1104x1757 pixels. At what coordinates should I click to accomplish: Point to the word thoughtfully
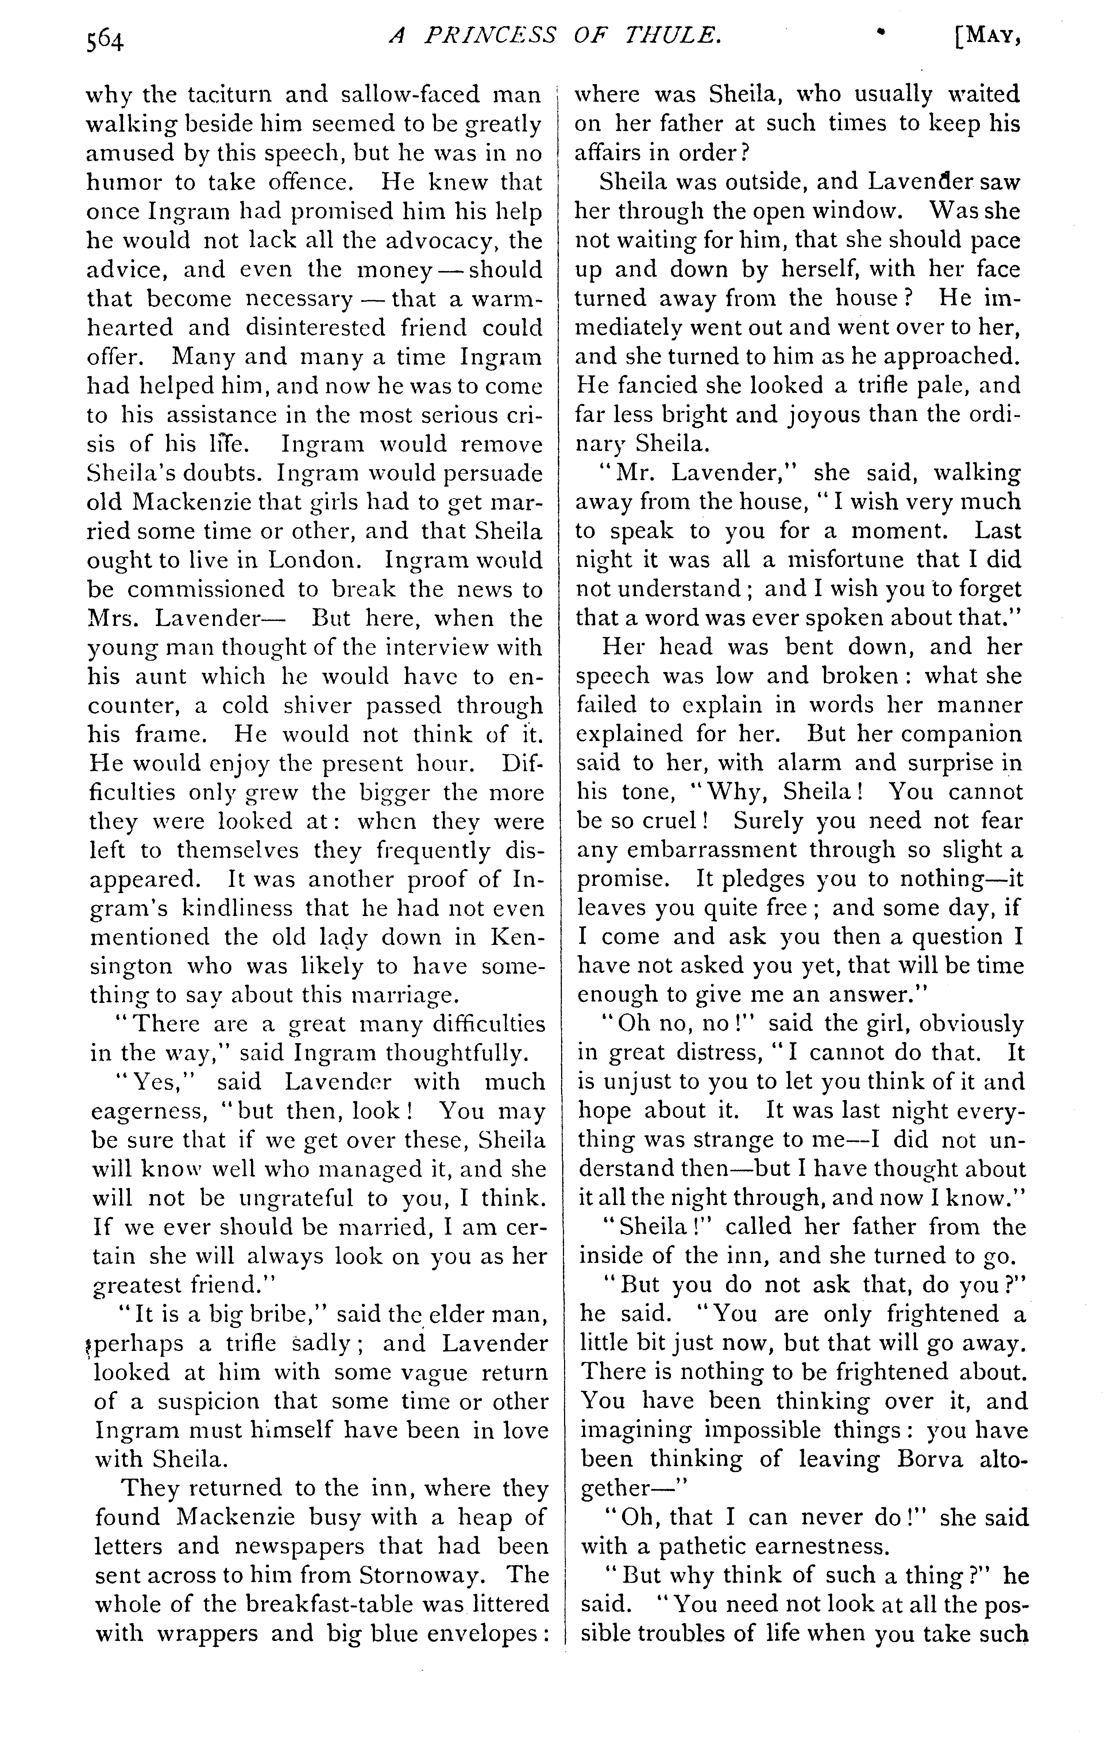tap(454, 1053)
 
